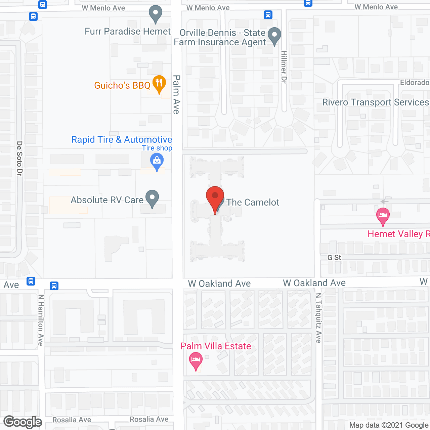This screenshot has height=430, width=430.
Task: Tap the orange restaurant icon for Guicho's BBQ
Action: click(x=159, y=84)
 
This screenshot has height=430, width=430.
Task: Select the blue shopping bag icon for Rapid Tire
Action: click(x=157, y=161)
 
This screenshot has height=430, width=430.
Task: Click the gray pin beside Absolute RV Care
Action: click(x=152, y=198)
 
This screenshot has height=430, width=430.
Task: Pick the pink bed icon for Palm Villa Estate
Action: click(x=196, y=360)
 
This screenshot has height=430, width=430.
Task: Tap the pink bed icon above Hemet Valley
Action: click(x=383, y=216)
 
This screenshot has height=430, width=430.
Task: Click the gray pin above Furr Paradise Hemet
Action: click(x=156, y=14)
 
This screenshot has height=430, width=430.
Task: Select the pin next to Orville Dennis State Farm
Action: click(x=275, y=36)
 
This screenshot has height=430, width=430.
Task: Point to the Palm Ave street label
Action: click(x=176, y=94)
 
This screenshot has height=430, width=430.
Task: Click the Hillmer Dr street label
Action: click(x=284, y=67)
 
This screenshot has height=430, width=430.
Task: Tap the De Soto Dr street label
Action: click(x=19, y=158)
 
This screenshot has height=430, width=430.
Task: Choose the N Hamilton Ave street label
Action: click(x=41, y=320)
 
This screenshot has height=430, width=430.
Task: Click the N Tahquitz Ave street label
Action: click(x=318, y=318)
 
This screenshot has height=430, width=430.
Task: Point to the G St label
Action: click(x=334, y=257)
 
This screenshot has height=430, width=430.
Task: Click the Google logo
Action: click(x=23, y=422)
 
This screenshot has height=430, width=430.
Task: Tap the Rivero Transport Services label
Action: click(x=375, y=102)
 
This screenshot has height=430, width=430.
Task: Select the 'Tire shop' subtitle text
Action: click(x=157, y=148)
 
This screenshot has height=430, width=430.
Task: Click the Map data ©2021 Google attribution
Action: click(x=389, y=425)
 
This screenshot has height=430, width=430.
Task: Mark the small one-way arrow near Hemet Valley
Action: click(x=384, y=202)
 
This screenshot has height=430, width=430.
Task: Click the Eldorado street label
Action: click(x=415, y=83)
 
